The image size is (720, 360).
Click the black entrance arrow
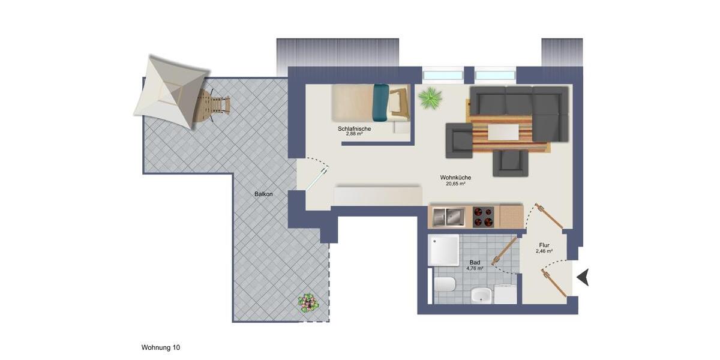coord(583,277)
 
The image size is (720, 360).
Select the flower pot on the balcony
coord(308,302)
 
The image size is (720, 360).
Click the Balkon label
coord(263,194)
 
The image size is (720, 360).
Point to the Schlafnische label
coord(354,129)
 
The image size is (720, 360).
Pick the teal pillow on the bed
coord(380,102)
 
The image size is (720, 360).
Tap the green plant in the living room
coord(430,97)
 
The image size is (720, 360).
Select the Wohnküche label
coord(455,178)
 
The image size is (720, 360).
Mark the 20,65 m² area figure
coord(455,184)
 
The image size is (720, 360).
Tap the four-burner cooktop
coord(483,217)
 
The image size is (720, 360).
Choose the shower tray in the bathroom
coord(443,250)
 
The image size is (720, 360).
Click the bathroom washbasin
coord(481,295)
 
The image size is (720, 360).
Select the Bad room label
coord(475,263)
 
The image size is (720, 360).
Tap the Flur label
coord(544,245)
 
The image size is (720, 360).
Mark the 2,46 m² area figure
coord(544,251)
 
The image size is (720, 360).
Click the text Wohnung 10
coord(160,347)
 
